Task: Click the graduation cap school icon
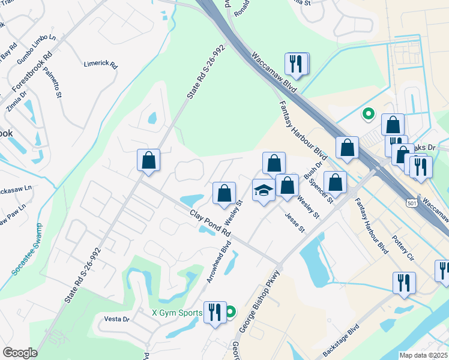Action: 264,191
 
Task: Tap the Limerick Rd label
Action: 101,64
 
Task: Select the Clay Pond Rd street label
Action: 210,223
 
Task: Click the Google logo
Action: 20,353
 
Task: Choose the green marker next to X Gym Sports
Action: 229,311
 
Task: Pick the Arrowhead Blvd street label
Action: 218,262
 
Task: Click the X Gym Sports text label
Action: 178,313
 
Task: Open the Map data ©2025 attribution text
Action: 423,355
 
